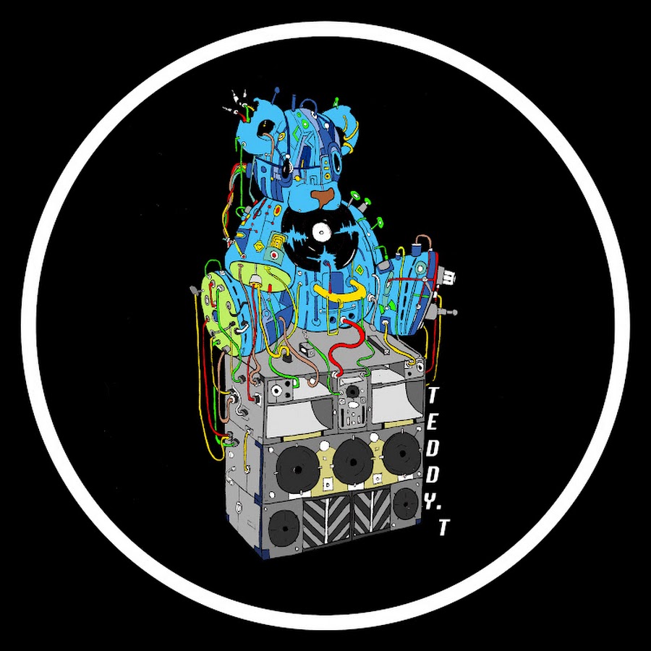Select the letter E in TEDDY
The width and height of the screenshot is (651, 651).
coord(431,423)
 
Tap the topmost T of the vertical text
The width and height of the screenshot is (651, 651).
coord(433,395)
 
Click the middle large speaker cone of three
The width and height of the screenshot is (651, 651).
coord(353,461)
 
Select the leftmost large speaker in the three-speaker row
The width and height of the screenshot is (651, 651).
coord(297,469)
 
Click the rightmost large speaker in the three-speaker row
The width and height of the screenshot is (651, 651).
coord(402,454)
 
